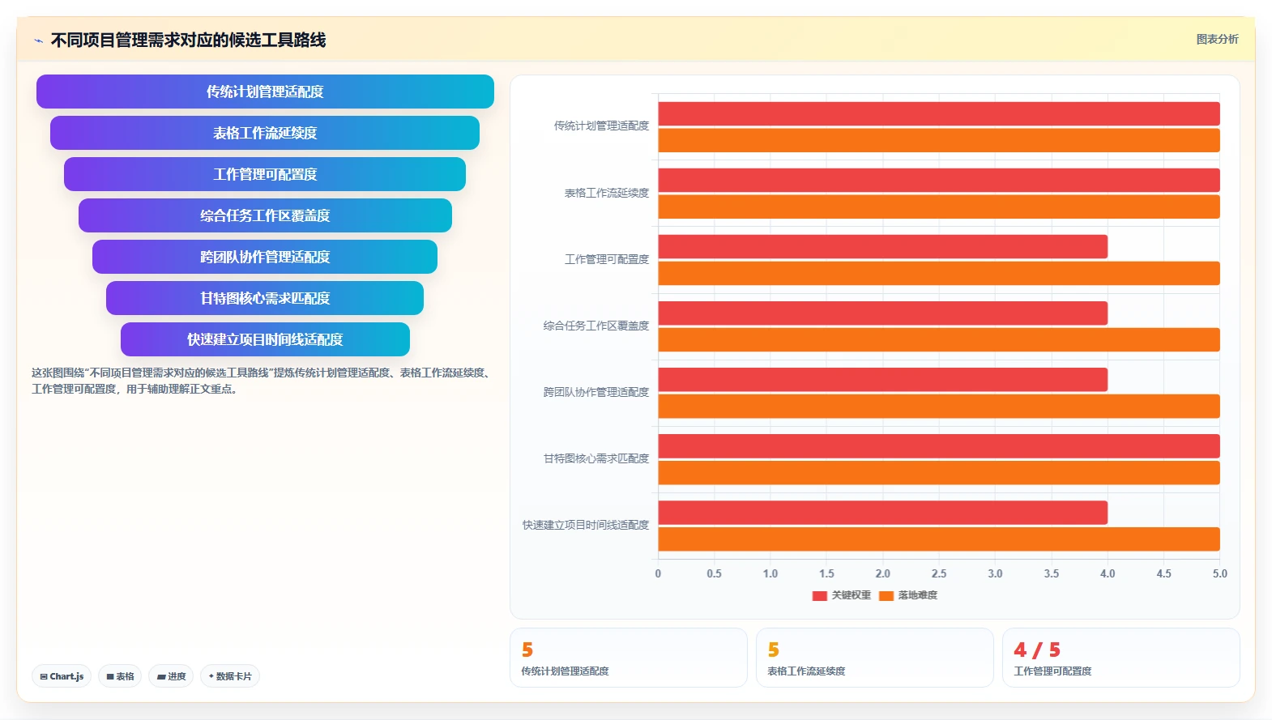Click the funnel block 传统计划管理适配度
(265, 92)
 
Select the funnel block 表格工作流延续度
(265, 133)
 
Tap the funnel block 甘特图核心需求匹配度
(265, 298)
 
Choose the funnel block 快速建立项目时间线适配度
(265, 339)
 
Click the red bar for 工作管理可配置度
(882, 246)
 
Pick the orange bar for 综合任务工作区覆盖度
(939, 339)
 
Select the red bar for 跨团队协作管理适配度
(882, 379)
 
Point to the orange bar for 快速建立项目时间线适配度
(939, 539)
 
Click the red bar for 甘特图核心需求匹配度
(939, 445)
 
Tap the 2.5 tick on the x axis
(939, 573)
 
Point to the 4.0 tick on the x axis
(1108, 573)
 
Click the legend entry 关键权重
(842, 595)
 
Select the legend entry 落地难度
(908, 595)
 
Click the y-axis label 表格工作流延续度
(607, 193)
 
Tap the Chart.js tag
(62, 676)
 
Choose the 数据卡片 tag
(230, 676)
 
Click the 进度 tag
(171, 676)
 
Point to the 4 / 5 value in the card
(1037, 650)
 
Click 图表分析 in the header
(1218, 39)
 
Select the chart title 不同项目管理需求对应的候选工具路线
(188, 40)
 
